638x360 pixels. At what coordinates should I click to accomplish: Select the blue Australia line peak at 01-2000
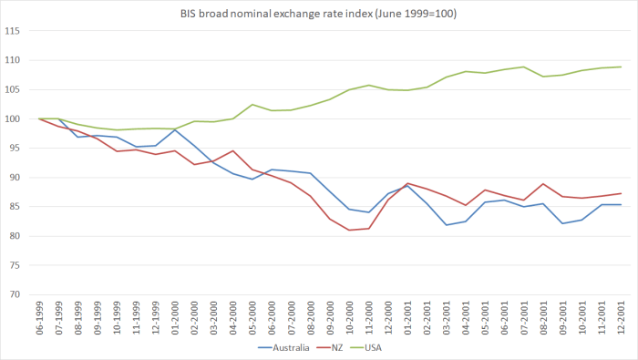tap(176, 129)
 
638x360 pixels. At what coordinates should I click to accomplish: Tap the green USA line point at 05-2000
tap(253, 105)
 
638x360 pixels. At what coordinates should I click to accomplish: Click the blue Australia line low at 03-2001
tap(448, 225)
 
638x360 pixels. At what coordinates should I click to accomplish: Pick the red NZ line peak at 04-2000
tap(234, 150)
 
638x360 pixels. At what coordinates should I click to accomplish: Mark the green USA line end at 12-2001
tap(622, 67)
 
